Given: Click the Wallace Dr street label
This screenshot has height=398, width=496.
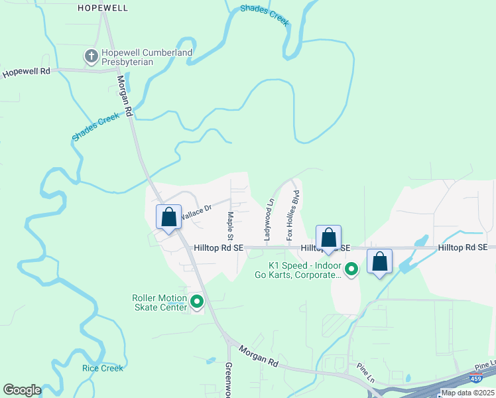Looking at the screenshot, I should [196, 212].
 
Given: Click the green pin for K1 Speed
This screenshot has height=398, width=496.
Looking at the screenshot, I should [353, 269].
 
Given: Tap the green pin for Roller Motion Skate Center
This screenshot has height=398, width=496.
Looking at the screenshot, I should [197, 302].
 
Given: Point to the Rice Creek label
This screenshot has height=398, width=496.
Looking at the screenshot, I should [102, 368].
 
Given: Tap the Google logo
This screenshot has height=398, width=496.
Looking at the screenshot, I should [22, 390].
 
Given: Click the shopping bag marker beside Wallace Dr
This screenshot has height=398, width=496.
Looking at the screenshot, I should [168, 218].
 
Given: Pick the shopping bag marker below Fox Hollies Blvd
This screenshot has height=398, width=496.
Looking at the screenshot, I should [328, 238].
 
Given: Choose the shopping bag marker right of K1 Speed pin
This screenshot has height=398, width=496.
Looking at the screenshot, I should [380, 262].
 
